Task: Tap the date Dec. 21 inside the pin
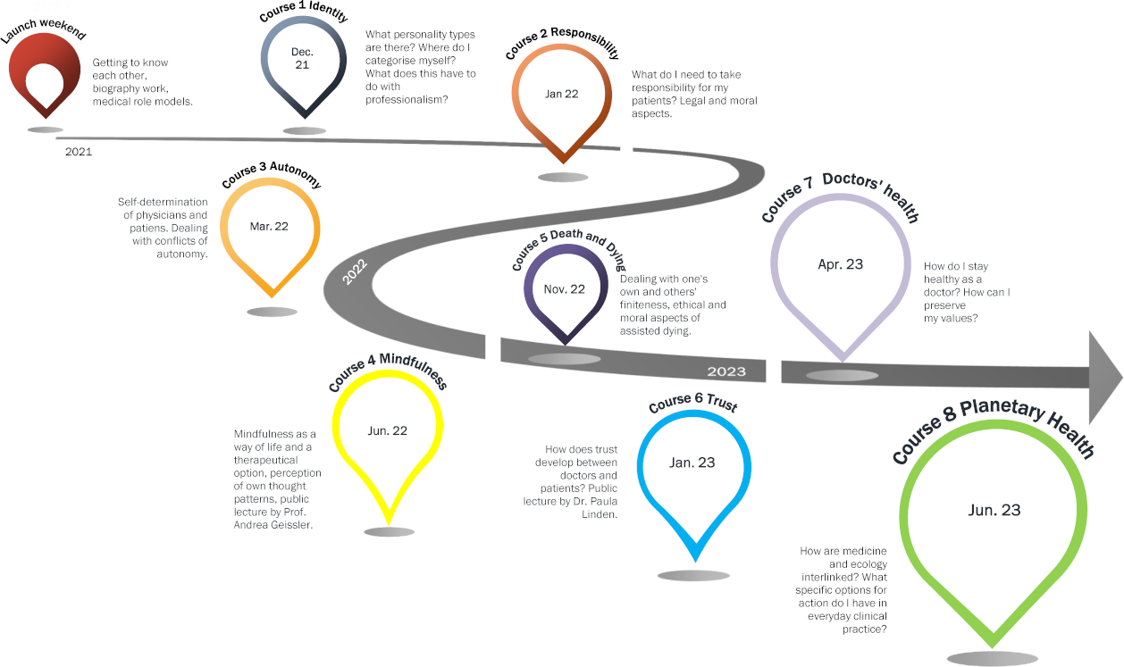302,58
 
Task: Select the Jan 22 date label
561,94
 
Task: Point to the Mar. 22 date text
269,226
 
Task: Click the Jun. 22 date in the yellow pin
388,430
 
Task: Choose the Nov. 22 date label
565,289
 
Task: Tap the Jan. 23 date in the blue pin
692,463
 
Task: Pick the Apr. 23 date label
841,264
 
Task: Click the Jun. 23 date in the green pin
994,510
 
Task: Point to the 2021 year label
79,152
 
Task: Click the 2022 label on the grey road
355,272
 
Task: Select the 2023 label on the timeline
726,371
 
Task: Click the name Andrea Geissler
273,525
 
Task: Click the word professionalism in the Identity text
407,100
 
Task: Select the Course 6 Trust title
693,402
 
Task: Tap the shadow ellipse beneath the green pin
992,658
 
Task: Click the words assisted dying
655,331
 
